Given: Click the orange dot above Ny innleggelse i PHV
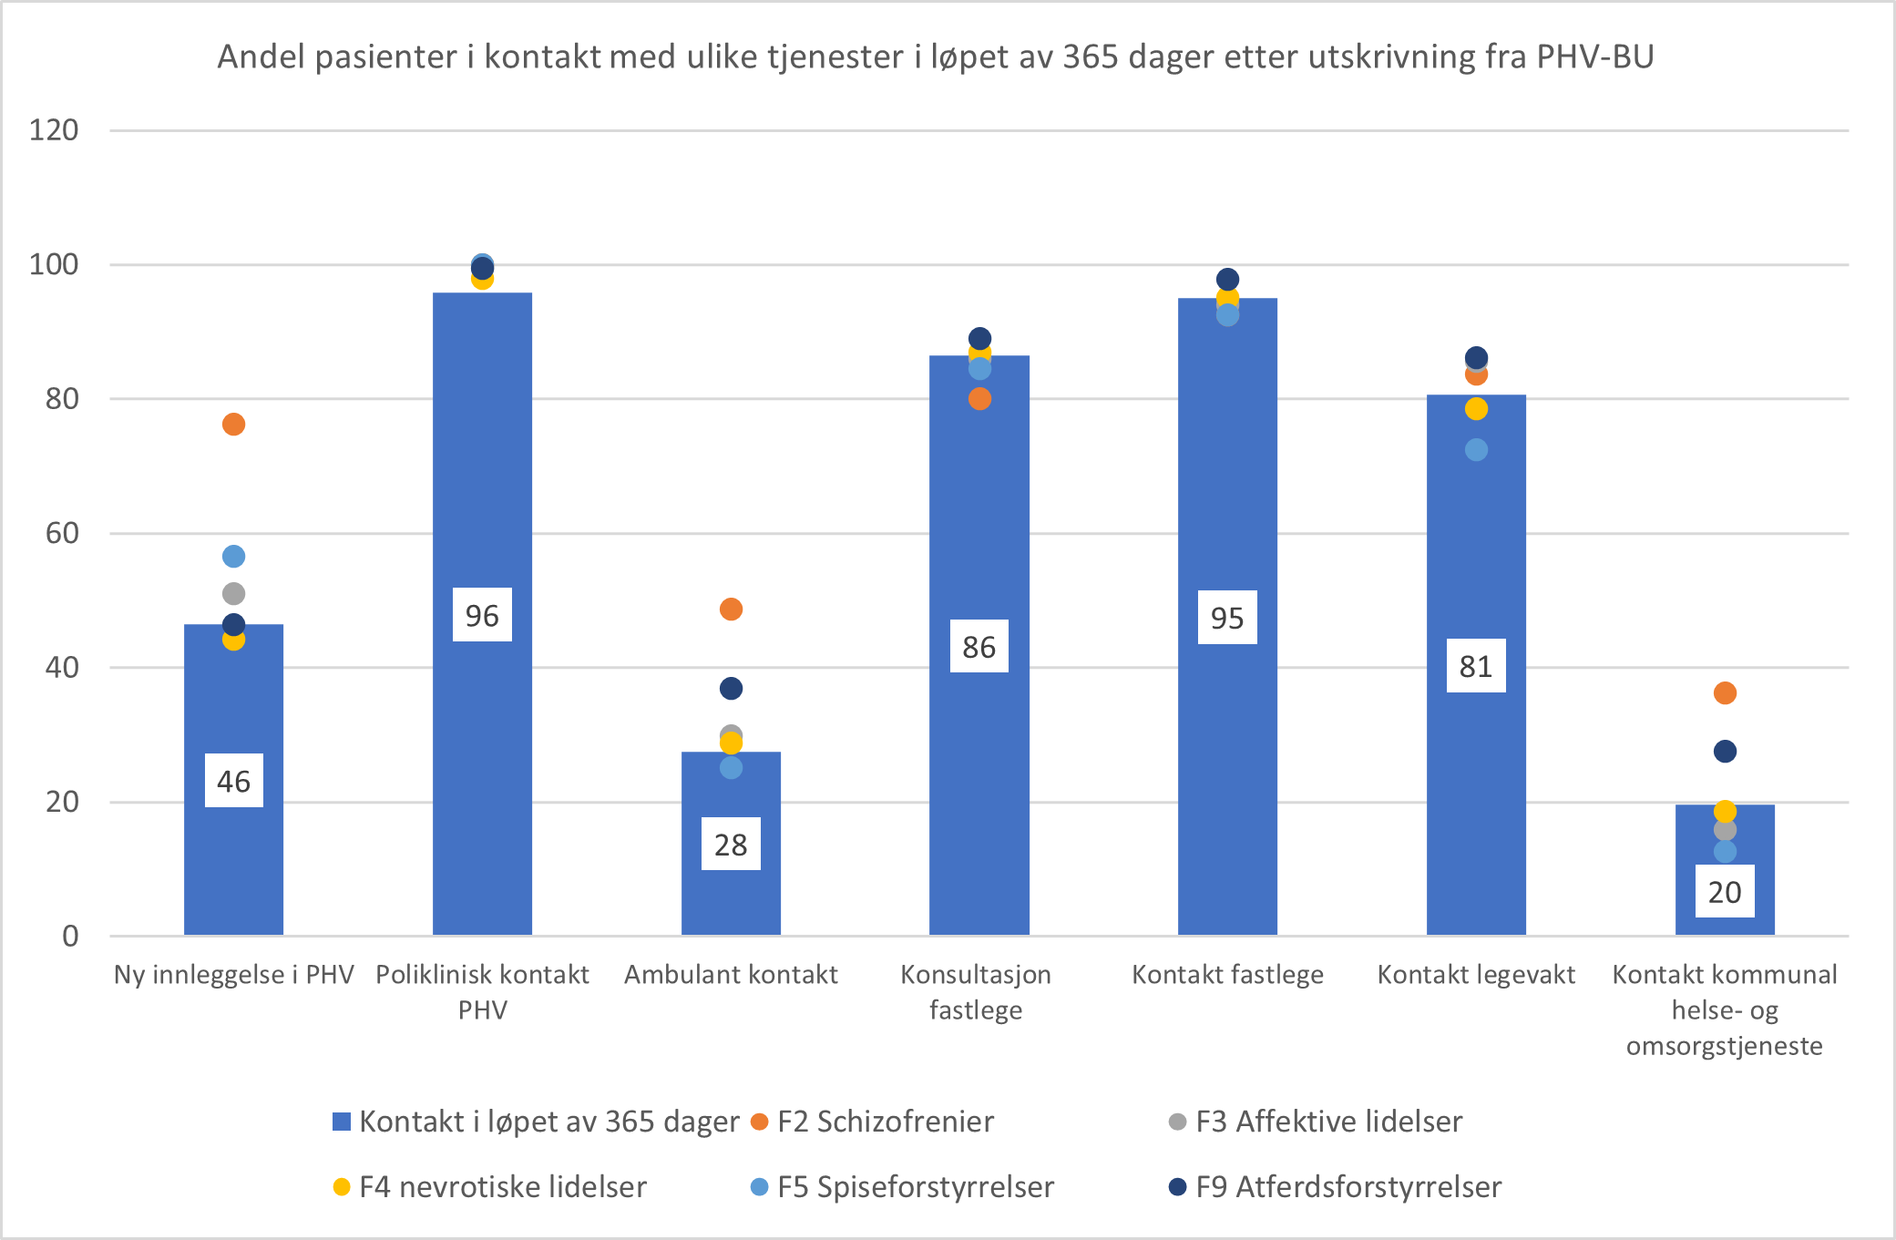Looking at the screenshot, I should [x=233, y=425].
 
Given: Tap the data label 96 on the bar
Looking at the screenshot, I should [x=482, y=616].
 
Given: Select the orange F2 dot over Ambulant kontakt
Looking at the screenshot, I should [x=731, y=610].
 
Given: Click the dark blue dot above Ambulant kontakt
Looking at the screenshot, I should [x=731, y=689].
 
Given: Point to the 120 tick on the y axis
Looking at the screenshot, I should [x=54, y=130].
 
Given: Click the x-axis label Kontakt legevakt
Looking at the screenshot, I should [x=1476, y=975].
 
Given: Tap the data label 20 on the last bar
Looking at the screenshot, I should [x=1725, y=892].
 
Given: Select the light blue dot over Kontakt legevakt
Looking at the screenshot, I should [x=1476, y=450].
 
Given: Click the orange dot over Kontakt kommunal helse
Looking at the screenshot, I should [x=1725, y=693].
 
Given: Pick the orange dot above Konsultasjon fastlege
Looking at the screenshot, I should [x=979, y=399].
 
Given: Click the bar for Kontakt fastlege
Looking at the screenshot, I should [x=1227, y=774].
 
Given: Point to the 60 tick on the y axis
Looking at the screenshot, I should [x=62, y=533].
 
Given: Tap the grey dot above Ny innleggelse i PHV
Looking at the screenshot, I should [x=233, y=594].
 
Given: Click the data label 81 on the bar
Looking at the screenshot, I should [x=1476, y=666].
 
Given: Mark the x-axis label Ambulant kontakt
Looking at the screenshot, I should [x=731, y=975].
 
